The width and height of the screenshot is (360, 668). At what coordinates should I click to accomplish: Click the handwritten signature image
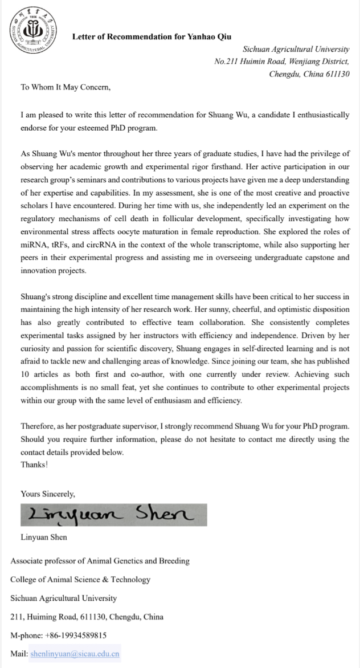click(x=114, y=515)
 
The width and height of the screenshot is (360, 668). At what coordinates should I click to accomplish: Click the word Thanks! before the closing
click(x=34, y=464)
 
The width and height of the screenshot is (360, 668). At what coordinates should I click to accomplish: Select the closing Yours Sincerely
click(x=48, y=494)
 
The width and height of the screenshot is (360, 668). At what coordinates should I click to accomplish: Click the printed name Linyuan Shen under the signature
click(x=44, y=537)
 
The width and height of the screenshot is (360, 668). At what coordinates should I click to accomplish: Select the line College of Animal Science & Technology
click(x=80, y=580)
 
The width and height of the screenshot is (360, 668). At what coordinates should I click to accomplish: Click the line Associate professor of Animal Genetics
click(x=100, y=561)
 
